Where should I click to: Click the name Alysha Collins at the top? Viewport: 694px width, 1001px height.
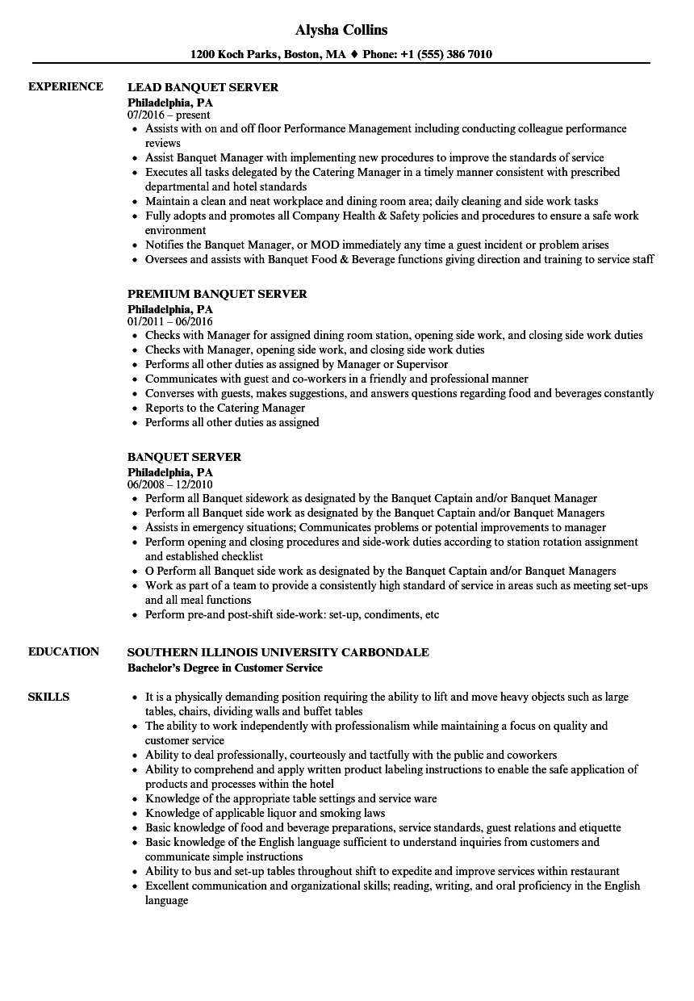click(341, 30)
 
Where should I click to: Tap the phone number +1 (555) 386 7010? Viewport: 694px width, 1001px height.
click(445, 55)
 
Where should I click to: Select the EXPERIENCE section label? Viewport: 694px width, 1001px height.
click(65, 86)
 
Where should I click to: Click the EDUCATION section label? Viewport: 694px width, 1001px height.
click(64, 651)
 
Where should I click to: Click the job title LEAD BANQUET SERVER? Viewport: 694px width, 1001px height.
click(203, 87)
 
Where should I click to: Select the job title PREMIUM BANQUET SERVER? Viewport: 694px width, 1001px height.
click(217, 294)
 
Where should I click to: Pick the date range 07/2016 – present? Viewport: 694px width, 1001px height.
click(169, 115)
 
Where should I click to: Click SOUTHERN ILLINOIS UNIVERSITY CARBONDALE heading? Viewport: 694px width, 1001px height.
click(278, 652)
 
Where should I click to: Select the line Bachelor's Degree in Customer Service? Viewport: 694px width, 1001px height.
click(224, 668)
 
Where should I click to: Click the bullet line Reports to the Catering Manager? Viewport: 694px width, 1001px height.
click(225, 408)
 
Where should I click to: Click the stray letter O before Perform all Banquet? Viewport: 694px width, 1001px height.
click(149, 571)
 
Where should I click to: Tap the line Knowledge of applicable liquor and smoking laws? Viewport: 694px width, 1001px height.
click(265, 813)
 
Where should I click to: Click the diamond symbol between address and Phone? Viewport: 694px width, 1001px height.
click(353, 55)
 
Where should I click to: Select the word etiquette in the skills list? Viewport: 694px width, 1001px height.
click(596, 827)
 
